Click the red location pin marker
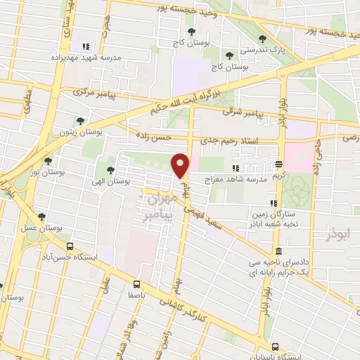coord(181,165)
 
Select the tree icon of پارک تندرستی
coord(262,39)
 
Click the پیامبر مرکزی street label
coord(91,91)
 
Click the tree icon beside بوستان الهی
coord(110,169)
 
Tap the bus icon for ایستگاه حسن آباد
coord(70,247)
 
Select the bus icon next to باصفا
coord(136,285)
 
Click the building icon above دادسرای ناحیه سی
coord(279,251)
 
